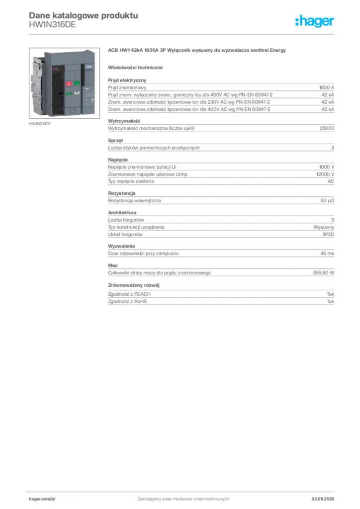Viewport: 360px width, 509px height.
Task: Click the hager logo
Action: click(x=315, y=21)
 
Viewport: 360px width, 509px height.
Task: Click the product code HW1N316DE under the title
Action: click(x=52, y=25)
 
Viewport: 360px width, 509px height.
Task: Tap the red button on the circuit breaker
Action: click(x=69, y=84)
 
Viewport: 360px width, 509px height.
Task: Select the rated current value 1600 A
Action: click(x=326, y=87)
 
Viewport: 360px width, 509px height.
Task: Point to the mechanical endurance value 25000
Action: click(x=327, y=128)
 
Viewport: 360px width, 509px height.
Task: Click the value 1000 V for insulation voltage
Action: click(x=327, y=167)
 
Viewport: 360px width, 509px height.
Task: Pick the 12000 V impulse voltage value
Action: click(x=325, y=174)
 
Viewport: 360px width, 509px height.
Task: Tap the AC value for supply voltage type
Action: click(x=331, y=181)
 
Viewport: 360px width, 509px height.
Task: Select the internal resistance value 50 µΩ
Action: click(x=327, y=201)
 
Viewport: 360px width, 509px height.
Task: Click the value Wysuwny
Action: click(x=324, y=227)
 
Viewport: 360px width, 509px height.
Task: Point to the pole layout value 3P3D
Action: click(x=328, y=235)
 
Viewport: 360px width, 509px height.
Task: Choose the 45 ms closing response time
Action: click(x=327, y=254)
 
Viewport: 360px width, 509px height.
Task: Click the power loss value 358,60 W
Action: click(x=323, y=273)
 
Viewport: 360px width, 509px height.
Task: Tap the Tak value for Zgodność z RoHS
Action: click(x=331, y=302)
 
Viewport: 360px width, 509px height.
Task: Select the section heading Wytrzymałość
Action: click(x=124, y=121)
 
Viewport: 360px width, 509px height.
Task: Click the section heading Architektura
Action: click(x=122, y=213)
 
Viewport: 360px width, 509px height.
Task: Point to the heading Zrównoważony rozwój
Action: click(x=134, y=285)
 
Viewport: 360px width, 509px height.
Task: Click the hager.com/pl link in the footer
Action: click(x=42, y=499)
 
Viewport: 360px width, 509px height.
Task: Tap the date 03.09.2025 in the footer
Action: click(x=323, y=499)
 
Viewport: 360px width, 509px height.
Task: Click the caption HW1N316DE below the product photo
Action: click(x=40, y=124)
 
